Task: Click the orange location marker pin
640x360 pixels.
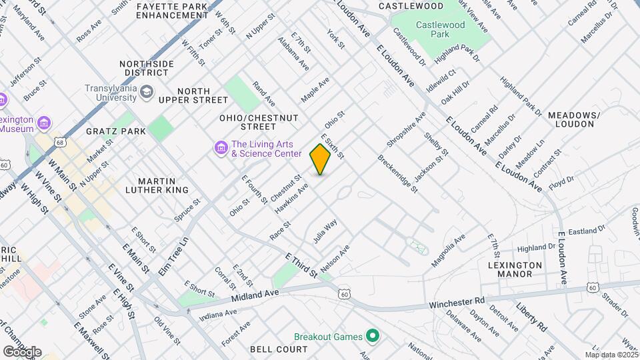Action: pyautogui.click(x=321, y=159)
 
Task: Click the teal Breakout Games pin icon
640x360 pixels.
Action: pyautogui.click(x=373, y=336)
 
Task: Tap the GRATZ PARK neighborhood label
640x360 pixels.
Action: pyautogui.click(x=116, y=131)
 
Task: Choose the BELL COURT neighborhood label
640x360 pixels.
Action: pyautogui.click(x=279, y=349)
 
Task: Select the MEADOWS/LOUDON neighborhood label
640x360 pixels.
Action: pyautogui.click(x=574, y=119)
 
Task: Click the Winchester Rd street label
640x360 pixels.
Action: pyautogui.click(x=457, y=303)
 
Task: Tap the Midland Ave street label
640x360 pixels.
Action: pyautogui.click(x=254, y=293)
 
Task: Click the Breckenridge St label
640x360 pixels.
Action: pyautogui.click(x=398, y=174)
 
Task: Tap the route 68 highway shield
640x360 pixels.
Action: pyautogui.click(x=61, y=142)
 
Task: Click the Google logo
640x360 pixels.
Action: pyautogui.click(x=22, y=351)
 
